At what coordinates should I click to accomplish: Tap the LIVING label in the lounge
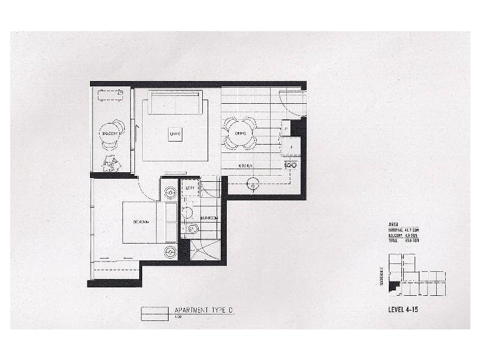coord(175,133)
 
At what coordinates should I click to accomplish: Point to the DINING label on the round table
coord(240,133)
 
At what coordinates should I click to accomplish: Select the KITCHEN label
coord(245,165)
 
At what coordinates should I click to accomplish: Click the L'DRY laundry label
coord(191,188)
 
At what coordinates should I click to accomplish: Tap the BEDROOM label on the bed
coord(141,222)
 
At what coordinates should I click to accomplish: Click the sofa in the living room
coord(176,102)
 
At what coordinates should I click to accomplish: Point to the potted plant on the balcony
coord(111,163)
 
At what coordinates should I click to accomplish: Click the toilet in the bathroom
coord(193,229)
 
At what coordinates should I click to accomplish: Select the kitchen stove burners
coord(291,164)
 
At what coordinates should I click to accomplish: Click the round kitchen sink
coord(254,186)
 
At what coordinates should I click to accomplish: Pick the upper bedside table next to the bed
coord(170,193)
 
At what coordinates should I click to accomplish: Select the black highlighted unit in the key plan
coord(393,288)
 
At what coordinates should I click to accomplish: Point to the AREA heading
coord(394,224)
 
